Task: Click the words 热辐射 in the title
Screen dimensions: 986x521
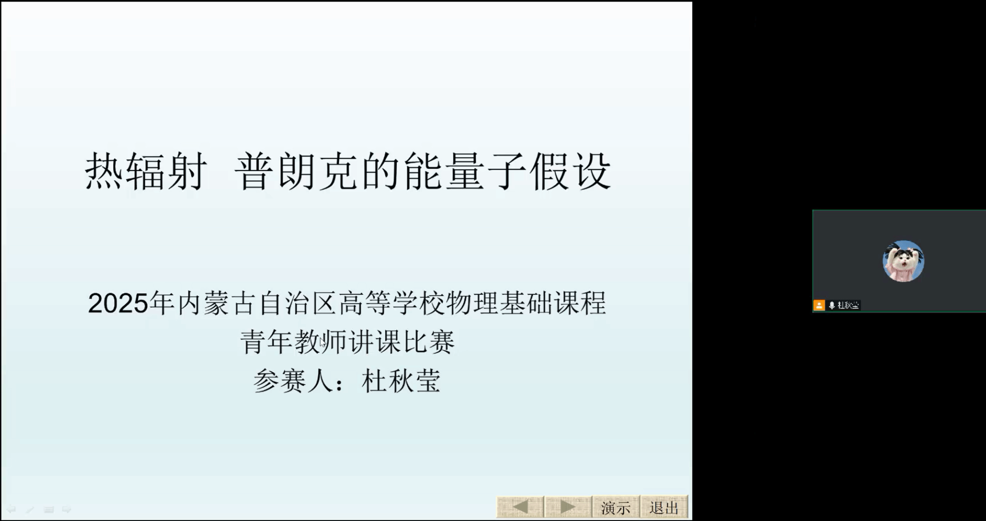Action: click(146, 172)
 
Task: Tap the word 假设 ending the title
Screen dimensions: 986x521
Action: click(570, 172)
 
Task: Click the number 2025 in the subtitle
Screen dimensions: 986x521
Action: click(118, 303)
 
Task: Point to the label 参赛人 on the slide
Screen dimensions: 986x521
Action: click(293, 381)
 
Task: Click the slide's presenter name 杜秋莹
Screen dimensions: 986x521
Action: click(401, 381)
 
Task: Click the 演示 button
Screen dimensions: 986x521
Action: click(616, 507)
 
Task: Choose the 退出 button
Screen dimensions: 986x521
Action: click(664, 507)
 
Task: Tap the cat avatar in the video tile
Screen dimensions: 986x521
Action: click(903, 261)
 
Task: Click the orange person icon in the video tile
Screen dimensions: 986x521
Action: click(819, 305)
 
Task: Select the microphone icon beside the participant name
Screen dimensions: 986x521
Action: click(831, 306)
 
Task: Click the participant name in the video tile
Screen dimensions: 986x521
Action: click(848, 305)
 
